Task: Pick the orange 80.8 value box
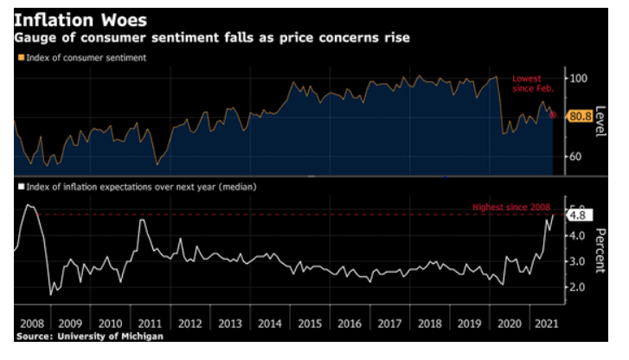[x=580, y=115]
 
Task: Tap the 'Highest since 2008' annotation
[x=510, y=208]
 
